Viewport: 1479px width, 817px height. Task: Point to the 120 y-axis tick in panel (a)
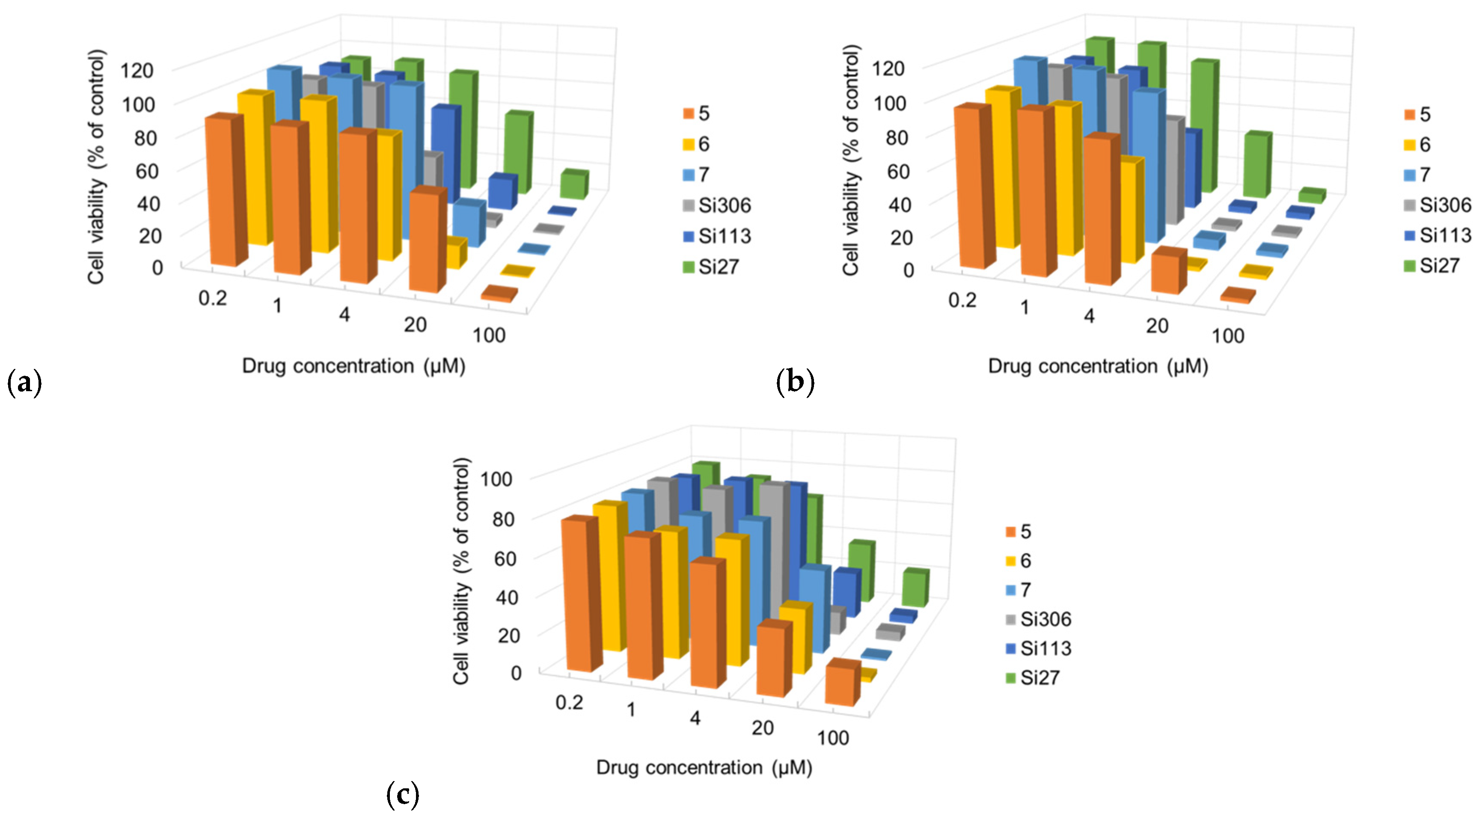point(137,71)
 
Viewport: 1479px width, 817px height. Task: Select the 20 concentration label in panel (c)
point(763,728)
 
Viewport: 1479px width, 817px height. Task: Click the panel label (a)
point(24,382)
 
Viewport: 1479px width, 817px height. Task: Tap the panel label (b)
point(795,381)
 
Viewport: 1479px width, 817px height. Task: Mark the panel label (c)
point(403,795)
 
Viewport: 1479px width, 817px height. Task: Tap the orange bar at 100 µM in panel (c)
point(842,684)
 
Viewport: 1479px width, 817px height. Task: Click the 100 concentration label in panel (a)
point(489,335)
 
